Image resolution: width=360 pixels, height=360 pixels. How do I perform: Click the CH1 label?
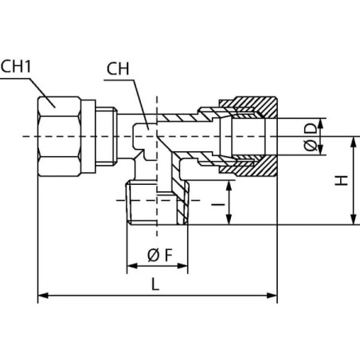pyautogui.click(x=16, y=66)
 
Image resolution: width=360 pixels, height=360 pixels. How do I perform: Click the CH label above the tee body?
pyautogui.click(x=118, y=68)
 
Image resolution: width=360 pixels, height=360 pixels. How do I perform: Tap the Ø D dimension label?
pyautogui.click(x=311, y=137)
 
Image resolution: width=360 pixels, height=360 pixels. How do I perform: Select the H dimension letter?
pyautogui.click(x=341, y=181)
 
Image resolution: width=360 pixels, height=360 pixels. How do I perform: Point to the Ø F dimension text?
pyautogui.click(x=160, y=256)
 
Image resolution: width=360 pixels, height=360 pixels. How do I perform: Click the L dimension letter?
pyautogui.click(x=155, y=284)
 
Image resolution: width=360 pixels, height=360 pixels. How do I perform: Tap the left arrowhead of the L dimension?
pyautogui.click(x=43, y=295)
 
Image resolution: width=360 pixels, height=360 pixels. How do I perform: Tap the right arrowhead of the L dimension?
pyautogui.click(x=272, y=295)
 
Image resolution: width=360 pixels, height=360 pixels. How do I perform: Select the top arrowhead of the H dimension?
pyautogui.click(x=354, y=142)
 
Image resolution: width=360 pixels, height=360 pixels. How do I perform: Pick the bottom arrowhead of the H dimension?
pyautogui.click(x=354, y=220)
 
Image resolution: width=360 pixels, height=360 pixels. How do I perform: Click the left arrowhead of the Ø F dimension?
pyautogui.click(x=132, y=266)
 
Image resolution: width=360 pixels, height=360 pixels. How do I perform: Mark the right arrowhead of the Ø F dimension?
pyautogui.click(x=182, y=266)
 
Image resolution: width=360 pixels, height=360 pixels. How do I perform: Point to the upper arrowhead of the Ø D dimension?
pyautogui.click(x=320, y=123)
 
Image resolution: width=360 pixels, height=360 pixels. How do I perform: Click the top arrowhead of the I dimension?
pyautogui.click(x=229, y=186)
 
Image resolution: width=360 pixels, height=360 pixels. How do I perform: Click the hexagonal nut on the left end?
pyautogui.click(x=59, y=136)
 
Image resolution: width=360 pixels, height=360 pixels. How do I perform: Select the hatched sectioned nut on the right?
pyautogui.click(x=248, y=136)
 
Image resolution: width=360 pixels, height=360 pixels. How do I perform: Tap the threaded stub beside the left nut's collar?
pyautogui.click(x=106, y=136)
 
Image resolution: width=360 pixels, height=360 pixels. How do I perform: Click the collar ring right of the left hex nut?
pyautogui.click(x=88, y=136)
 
